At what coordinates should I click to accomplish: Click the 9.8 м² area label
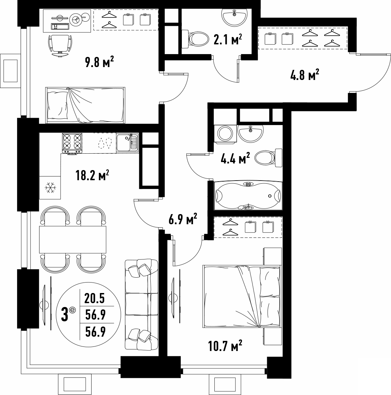(99, 62)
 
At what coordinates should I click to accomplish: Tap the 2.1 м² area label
(228, 39)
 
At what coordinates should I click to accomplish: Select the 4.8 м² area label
(305, 75)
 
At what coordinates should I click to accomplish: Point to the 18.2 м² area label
(92, 175)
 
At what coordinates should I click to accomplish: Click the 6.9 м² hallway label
(183, 219)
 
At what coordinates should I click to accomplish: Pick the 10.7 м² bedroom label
(225, 346)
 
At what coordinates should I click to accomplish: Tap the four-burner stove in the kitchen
(72, 143)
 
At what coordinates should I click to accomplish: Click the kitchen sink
(127, 143)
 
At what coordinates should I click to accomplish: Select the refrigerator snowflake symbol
(50, 188)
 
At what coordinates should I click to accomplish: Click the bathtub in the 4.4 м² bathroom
(248, 196)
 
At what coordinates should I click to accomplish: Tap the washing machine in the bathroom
(225, 133)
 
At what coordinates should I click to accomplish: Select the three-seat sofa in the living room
(142, 305)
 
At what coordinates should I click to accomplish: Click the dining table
(73, 240)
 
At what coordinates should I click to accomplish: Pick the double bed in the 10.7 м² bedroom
(242, 296)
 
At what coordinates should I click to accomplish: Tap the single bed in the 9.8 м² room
(85, 105)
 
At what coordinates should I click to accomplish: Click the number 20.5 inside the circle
(94, 299)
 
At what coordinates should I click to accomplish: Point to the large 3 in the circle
(65, 315)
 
